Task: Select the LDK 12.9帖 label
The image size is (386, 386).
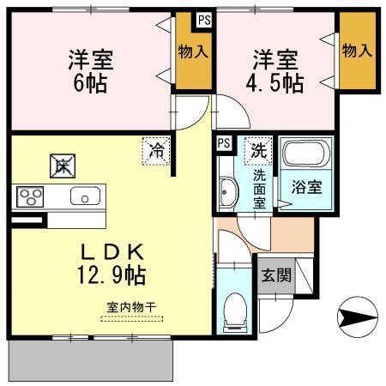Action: [112, 263]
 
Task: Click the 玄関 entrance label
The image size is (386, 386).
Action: [274, 277]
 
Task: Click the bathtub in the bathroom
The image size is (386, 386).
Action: [305, 157]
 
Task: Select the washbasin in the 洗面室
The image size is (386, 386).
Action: [228, 194]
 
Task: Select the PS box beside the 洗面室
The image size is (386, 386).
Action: [224, 142]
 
